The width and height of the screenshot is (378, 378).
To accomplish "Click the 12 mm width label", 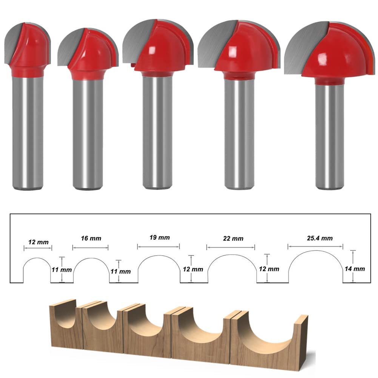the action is tap(39, 242).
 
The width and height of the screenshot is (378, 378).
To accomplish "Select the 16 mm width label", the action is tap(91, 238).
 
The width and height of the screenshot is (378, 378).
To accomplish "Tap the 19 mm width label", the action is tap(159, 238).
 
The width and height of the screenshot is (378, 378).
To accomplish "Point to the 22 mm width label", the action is tap(233, 238).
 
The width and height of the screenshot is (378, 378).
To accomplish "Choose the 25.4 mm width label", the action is tap(320, 238).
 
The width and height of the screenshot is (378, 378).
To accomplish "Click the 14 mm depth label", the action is tap(355, 269).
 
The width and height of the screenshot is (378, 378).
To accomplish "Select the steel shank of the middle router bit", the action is tap(157, 131).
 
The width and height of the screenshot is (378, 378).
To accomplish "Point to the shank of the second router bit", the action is tap(88, 134).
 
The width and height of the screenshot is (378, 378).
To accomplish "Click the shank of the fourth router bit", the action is tap(239, 134).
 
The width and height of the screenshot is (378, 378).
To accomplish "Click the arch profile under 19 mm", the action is tap(159, 256).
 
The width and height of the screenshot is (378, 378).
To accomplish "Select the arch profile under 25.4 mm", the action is tap(316, 251).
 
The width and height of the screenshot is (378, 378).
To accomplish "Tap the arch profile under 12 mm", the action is tap(37, 258).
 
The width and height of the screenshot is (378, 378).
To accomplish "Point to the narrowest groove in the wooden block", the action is tap(65, 316).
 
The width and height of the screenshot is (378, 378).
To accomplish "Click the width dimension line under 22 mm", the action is tap(231, 247).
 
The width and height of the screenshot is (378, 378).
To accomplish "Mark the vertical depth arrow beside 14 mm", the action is tap(353, 266).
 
